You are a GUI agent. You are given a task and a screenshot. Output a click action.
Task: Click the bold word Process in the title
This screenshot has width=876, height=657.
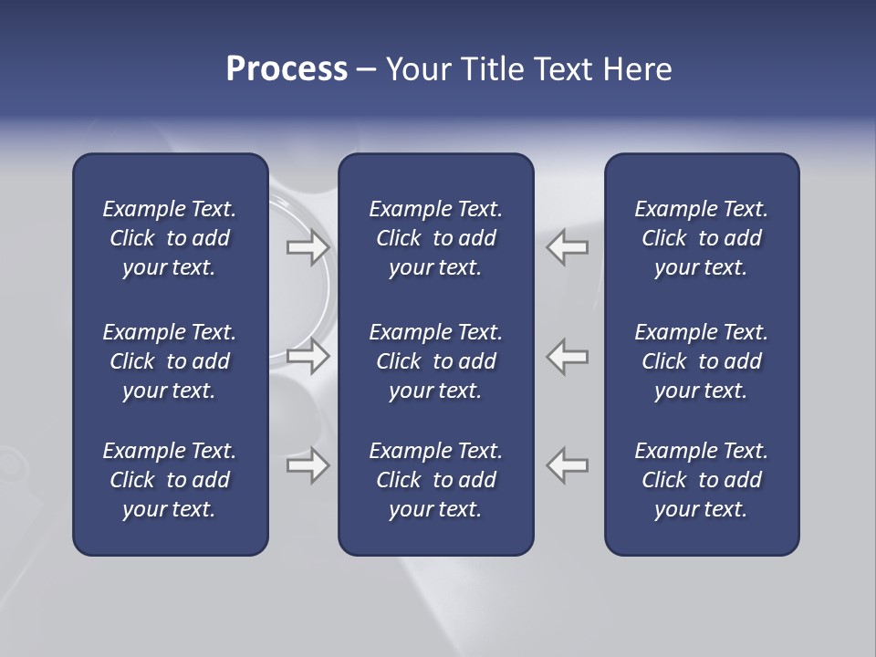click(x=287, y=69)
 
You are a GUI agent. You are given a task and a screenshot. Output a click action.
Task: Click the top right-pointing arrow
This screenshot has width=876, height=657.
click(x=308, y=246)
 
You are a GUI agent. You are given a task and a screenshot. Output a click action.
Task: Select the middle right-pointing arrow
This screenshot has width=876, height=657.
click(x=308, y=356)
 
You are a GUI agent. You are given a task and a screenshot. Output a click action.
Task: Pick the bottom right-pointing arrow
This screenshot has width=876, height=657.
click(x=308, y=465)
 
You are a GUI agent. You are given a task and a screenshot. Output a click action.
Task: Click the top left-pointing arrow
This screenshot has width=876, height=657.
click(x=567, y=246)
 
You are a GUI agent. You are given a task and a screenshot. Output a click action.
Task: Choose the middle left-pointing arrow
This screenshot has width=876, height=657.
click(x=567, y=356)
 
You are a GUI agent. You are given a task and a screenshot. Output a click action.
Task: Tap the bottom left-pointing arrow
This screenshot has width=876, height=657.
click(x=567, y=465)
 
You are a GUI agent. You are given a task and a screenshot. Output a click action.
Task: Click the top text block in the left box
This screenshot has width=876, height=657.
click(x=170, y=238)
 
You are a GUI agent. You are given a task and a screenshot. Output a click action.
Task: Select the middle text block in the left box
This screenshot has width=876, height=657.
click(x=170, y=361)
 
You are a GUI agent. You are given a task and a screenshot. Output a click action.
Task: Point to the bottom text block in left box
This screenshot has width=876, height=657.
click(x=170, y=480)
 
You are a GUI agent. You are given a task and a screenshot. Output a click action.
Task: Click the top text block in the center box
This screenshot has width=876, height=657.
click(x=435, y=238)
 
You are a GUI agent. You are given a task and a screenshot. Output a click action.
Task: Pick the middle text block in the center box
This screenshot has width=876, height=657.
click(x=435, y=361)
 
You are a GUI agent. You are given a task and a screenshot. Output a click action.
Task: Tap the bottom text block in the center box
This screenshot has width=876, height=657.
click(x=435, y=480)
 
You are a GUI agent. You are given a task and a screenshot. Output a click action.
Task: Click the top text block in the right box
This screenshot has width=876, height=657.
click(x=701, y=238)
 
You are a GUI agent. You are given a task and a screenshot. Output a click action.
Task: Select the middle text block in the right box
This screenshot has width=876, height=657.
click(x=701, y=361)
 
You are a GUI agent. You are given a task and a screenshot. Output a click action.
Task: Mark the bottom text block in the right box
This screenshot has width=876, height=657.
click(x=701, y=480)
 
